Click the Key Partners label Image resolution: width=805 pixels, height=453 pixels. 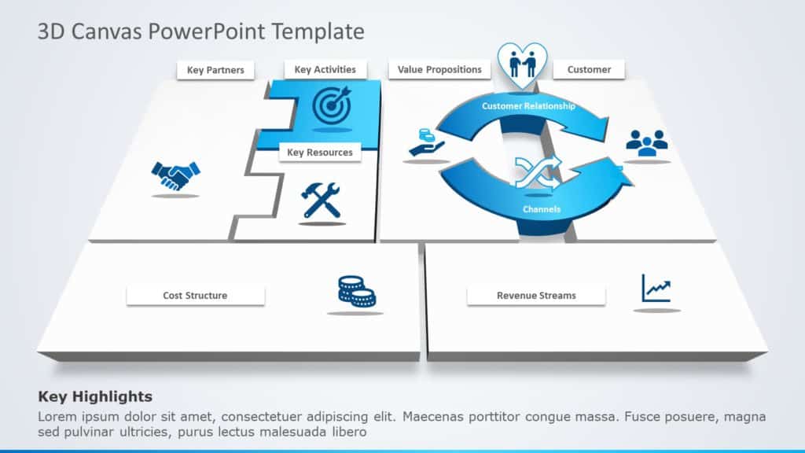(x=215, y=71)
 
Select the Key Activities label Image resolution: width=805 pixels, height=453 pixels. (x=325, y=70)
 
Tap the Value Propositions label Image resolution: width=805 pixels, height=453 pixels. (x=439, y=70)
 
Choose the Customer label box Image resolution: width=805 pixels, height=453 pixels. (x=589, y=70)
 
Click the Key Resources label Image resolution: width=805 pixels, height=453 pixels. (x=320, y=153)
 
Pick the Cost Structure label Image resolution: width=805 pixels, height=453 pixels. (x=195, y=296)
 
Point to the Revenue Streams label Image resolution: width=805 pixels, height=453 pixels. (x=536, y=296)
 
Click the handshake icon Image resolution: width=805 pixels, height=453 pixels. (x=175, y=175)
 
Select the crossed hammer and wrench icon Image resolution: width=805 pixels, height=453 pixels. (x=322, y=200)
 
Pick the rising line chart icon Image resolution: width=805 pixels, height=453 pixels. (x=656, y=288)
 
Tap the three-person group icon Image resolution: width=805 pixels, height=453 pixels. (x=646, y=142)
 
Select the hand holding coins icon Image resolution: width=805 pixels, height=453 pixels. (x=425, y=142)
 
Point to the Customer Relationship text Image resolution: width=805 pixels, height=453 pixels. (x=528, y=106)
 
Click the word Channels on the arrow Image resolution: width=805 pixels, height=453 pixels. (x=542, y=209)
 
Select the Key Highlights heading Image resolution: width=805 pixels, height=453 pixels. (x=95, y=397)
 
